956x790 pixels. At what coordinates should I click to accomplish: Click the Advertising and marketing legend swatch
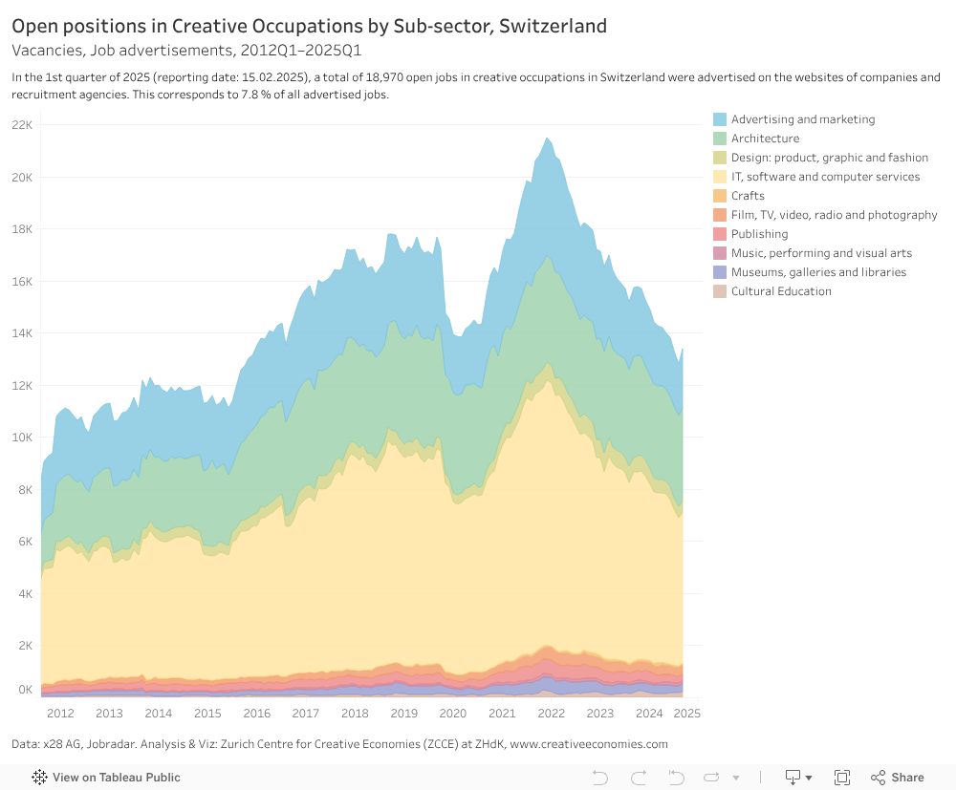[x=720, y=119]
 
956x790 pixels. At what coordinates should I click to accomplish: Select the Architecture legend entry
[x=765, y=139]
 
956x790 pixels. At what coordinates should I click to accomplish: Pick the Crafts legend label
[x=748, y=196]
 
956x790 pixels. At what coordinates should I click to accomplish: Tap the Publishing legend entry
[x=759, y=234]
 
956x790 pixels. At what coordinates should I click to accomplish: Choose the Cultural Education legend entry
[x=781, y=291]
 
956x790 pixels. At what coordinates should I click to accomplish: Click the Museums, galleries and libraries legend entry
[x=818, y=272]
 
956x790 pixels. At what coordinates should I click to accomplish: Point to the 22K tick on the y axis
[x=22, y=125]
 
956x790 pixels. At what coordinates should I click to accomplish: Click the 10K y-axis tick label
[x=22, y=438]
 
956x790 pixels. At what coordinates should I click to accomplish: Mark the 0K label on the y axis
[x=24, y=689]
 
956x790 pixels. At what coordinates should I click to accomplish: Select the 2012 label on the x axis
[x=60, y=714]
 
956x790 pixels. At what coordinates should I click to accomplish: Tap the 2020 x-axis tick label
[x=452, y=714]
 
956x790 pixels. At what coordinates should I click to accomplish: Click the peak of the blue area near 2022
[x=547, y=139]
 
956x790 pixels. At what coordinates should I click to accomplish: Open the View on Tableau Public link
[x=116, y=778]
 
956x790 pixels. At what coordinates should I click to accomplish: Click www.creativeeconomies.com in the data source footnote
[x=589, y=744]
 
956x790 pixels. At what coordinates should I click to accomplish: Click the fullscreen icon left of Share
[x=842, y=778]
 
